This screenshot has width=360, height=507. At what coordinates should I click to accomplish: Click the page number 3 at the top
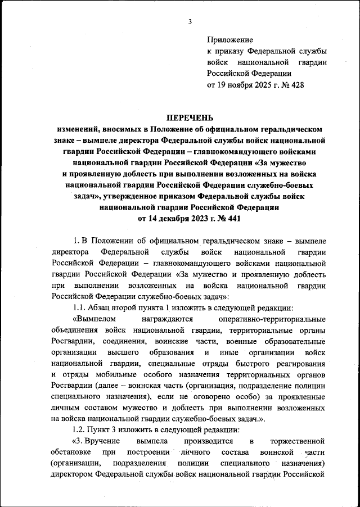(190, 22)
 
